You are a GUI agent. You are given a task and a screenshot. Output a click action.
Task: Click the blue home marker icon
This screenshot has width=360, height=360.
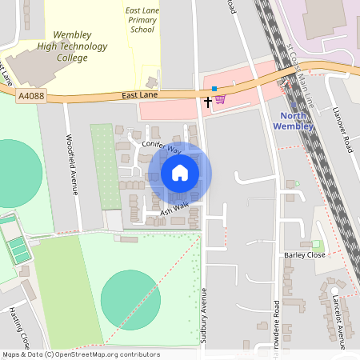pos(180,173)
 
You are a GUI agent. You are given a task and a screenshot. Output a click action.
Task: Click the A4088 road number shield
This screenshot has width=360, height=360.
pos(30,96)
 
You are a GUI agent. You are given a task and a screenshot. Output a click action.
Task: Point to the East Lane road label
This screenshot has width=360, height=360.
pos(138,94)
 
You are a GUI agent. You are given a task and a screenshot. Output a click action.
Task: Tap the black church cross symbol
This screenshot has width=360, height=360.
pos(208,102)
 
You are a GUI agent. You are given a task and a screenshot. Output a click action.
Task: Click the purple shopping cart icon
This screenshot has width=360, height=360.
pos(220,98)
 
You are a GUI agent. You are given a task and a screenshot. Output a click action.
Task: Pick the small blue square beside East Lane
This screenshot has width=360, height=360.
pos(214,89)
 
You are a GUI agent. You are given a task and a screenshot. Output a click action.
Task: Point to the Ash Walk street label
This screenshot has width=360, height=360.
pos(173,210)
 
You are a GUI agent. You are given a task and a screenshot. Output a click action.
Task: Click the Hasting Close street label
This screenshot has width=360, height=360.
pos(19,328)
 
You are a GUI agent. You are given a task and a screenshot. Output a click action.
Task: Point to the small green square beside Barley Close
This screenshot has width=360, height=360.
pos(316,243)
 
